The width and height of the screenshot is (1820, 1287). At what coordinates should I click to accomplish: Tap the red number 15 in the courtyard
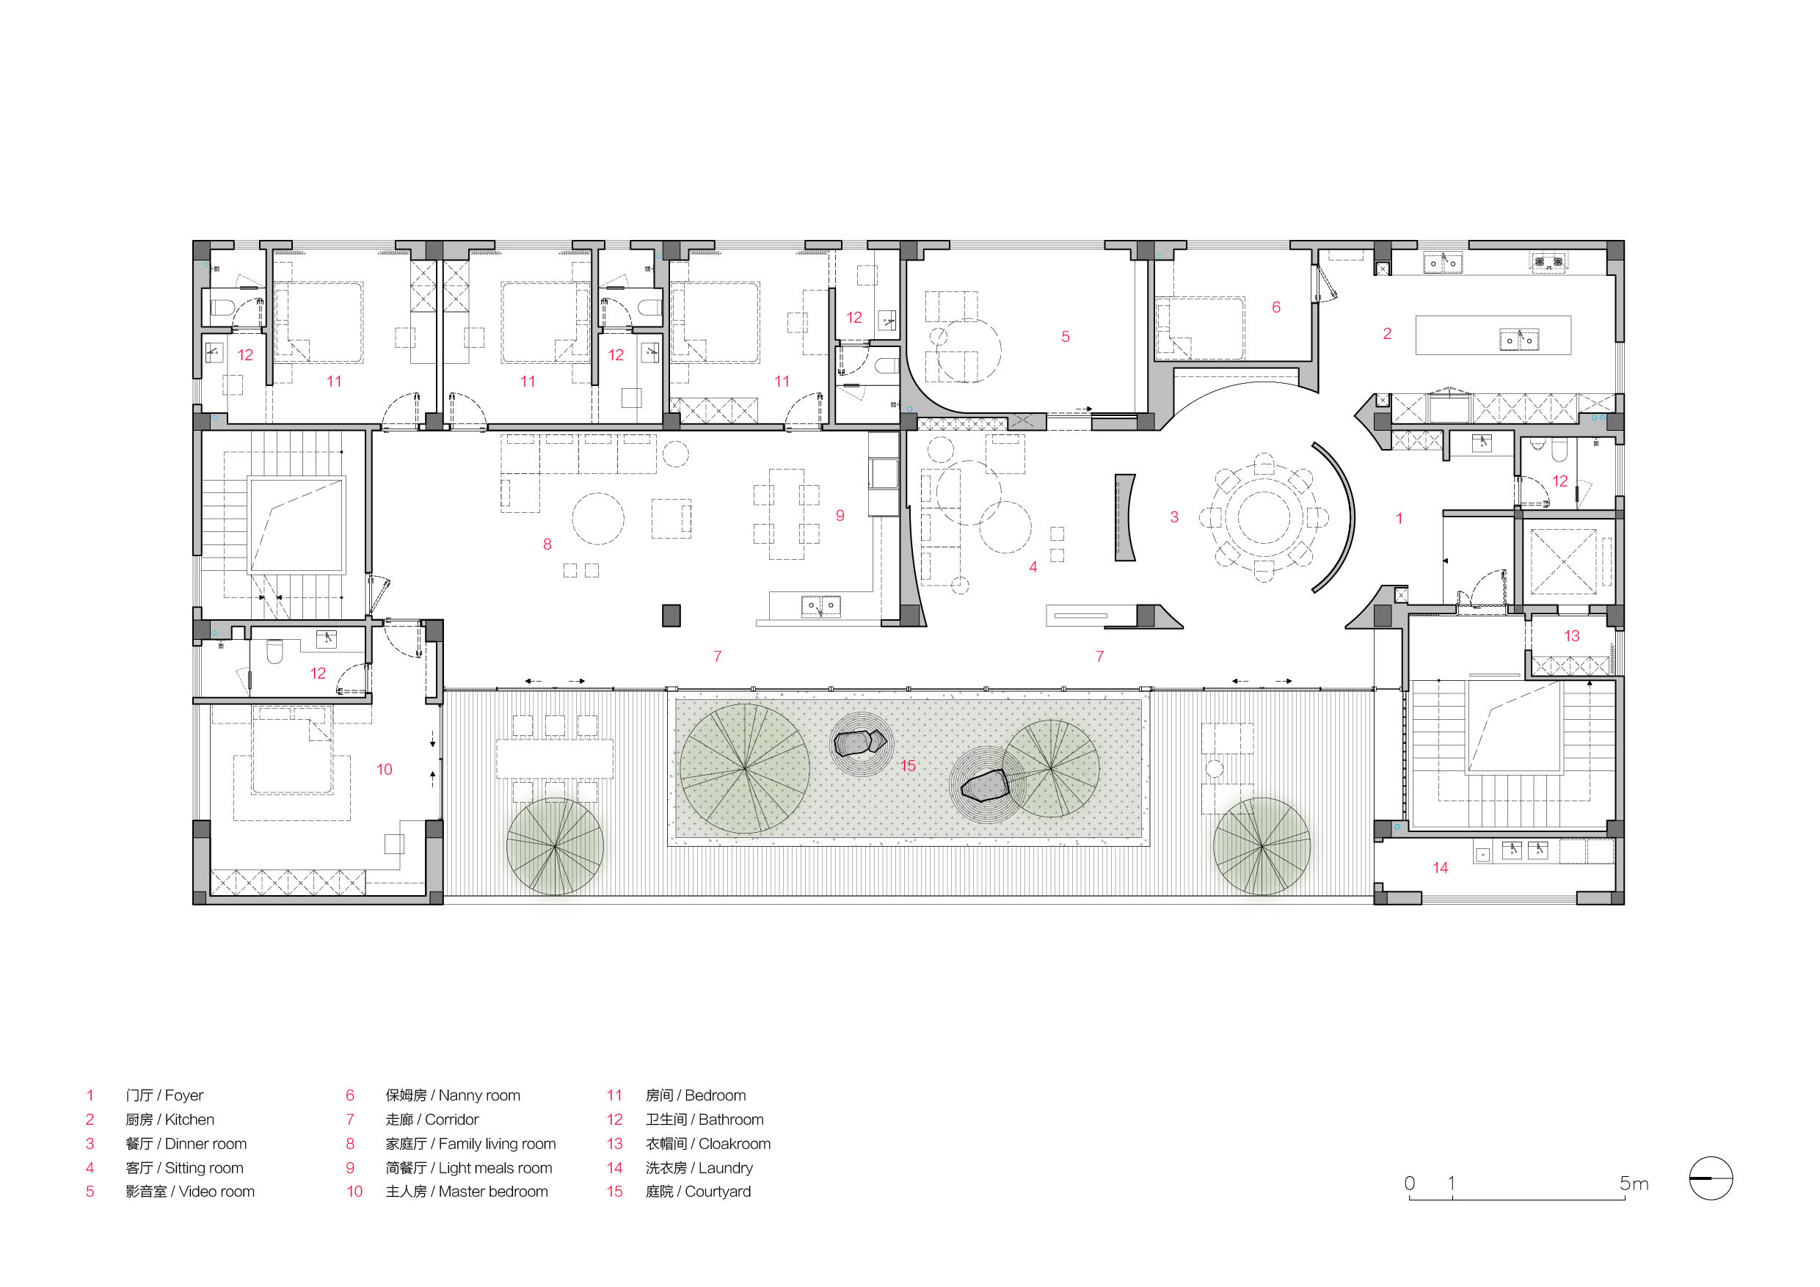click(908, 765)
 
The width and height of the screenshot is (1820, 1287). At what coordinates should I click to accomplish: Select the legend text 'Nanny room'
click(478, 1095)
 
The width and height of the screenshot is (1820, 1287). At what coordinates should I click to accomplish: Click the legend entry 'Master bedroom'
click(492, 1191)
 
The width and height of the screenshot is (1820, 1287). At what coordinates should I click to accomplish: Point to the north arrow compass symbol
click(1711, 1178)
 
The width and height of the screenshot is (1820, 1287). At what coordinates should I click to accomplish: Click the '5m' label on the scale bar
click(1634, 1184)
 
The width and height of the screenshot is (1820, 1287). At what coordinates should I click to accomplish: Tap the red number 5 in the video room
click(1066, 337)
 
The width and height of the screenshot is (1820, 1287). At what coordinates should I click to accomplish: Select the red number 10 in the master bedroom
click(385, 770)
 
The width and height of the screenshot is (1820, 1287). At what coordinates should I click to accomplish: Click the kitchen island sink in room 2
click(1519, 339)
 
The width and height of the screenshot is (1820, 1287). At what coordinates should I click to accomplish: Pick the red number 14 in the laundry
click(1441, 868)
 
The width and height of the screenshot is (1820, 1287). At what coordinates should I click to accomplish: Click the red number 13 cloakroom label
click(1571, 635)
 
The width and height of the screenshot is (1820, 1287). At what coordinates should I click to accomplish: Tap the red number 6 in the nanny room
click(1276, 307)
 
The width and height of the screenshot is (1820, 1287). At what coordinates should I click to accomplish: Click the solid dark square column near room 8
click(671, 615)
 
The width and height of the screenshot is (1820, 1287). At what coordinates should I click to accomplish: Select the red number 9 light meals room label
click(840, 515)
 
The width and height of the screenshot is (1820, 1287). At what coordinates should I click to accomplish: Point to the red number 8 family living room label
click(547, 544)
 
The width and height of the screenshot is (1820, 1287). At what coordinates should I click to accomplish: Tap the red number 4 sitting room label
click(1033, 566)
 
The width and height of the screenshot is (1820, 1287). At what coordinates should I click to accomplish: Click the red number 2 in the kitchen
click(1387, 334)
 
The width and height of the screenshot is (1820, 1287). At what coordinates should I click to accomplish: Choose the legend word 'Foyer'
click(184, 1095)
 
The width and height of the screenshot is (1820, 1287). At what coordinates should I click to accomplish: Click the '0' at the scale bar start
click(1409, 1184)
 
